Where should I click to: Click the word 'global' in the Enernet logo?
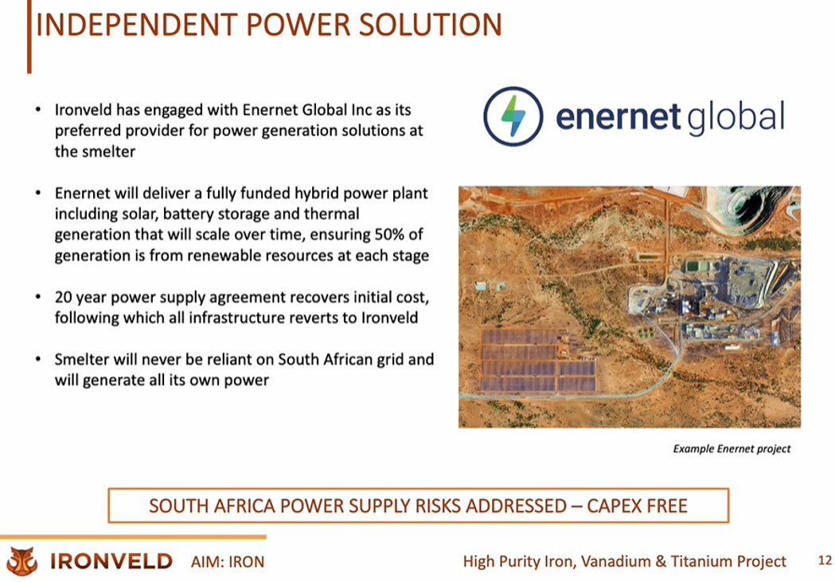[735, 116]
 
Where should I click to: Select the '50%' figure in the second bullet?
[392, 235]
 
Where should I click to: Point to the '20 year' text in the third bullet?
[82, 298]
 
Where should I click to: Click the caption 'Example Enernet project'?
[732, 449]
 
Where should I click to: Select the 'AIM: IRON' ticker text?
[228, 562]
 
